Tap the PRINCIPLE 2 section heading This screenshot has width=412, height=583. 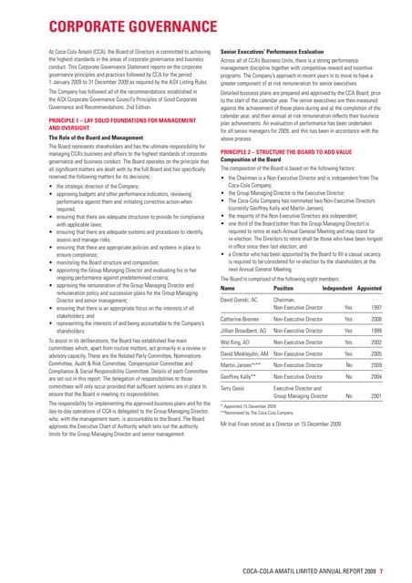(x=292, y=149)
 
